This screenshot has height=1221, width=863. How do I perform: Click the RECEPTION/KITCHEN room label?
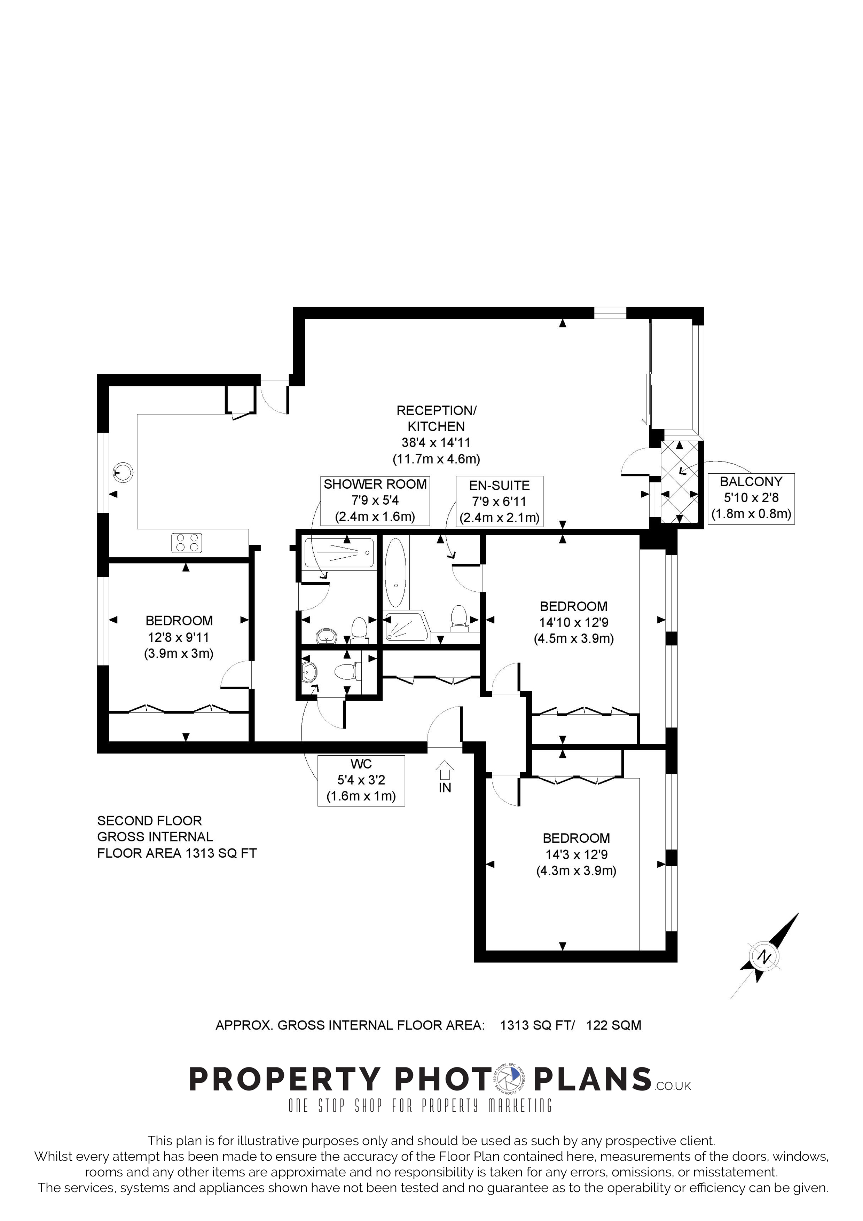click(437, 434)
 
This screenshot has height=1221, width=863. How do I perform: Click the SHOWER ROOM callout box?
click(375, 501)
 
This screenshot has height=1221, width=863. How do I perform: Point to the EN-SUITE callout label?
click(499, 502)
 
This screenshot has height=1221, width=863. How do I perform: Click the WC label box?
click(361, 780)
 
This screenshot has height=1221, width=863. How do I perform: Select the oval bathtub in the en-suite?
click(395, 572)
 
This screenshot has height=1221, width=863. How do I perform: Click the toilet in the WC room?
click(348, 672)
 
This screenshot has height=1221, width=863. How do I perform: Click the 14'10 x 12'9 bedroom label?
click(574, 622)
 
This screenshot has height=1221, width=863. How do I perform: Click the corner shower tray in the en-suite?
click(406, 628)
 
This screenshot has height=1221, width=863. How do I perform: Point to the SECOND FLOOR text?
click(149, 821)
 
